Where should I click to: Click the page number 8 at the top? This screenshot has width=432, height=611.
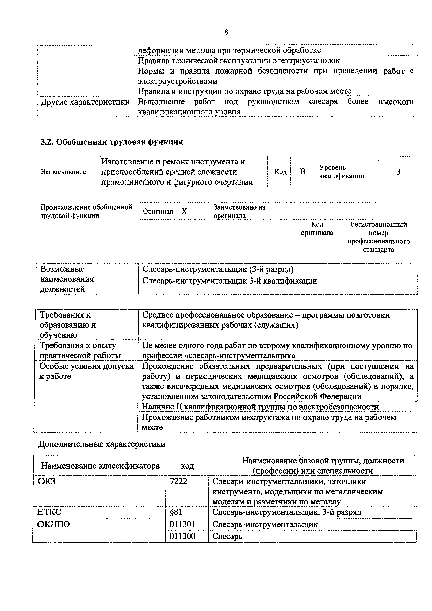click(226, 32)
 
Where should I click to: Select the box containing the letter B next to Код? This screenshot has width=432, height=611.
click(303, 172)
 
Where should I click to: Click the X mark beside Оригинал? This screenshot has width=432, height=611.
click(184, 211)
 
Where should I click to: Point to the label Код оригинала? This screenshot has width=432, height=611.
click(317, 229)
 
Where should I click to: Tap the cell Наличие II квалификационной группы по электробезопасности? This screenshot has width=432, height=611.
click(260, 407)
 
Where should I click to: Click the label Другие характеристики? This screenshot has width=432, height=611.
click(85, 102)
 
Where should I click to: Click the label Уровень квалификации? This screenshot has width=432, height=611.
click(342, 172)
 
